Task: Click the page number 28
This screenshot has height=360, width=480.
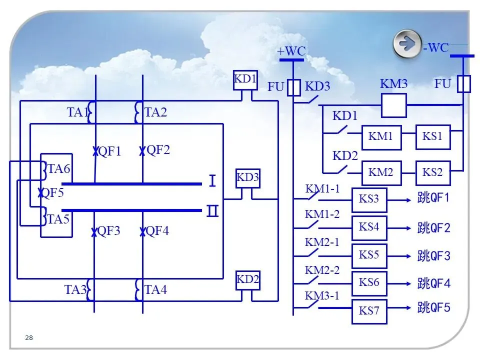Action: point(29,337)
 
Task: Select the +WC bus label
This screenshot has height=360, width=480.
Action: point(291,51)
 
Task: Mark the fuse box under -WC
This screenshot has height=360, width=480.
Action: point(464,84)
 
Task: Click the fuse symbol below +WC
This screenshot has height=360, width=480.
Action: point(294,88)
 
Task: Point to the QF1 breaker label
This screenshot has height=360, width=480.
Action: point(110,151)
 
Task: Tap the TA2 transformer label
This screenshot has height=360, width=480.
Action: point(156,112)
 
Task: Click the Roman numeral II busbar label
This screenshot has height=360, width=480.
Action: point(212,211)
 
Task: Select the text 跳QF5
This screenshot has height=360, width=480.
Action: point(434,307)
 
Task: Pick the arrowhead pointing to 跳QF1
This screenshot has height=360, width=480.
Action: point(408,200)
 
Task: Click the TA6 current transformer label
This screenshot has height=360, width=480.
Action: point(59,168)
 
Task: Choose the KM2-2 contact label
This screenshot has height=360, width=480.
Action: point(322,270)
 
